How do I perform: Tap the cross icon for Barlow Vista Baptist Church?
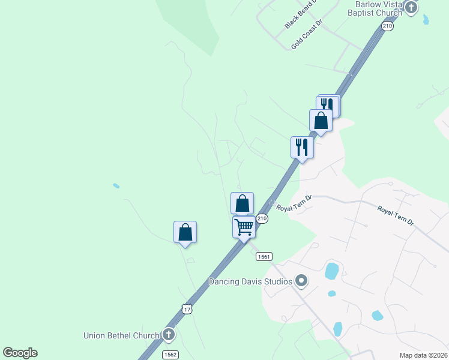click(411, 8)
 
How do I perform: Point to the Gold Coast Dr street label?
click(307, 34)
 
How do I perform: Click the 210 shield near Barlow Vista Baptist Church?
click(387, 26)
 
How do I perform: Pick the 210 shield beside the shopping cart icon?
click(262, 219)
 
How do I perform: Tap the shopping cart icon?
click(244, 227)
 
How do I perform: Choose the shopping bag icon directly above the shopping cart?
click(242, 203)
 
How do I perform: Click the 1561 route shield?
click(264, 256)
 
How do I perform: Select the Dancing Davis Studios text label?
click(250, 281)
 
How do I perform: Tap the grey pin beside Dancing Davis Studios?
click(301, 281)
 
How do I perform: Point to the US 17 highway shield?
click(187, 309)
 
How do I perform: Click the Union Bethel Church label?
click(122, 335)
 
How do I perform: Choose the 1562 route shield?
click(170, 354)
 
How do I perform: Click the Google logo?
click(20, 353)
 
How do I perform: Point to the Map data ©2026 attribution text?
click(423, 355)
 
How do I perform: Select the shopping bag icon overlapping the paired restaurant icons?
click(321, 121)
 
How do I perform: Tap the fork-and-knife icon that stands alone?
click(301, 147)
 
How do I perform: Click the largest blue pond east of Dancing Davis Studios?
click(331, 271)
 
